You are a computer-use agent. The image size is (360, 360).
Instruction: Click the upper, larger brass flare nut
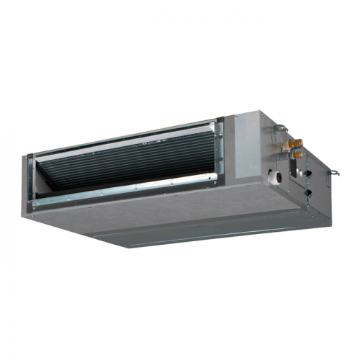pos(292,144)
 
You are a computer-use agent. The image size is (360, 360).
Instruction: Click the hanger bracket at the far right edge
pos(336,172)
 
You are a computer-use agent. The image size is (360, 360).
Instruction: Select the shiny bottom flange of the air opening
pos(122,195)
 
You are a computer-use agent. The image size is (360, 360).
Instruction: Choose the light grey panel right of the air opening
pos(241,148)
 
